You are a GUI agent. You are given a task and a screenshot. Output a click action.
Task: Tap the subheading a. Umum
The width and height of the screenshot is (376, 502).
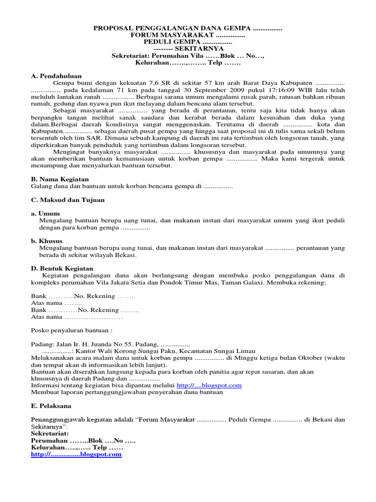tap(46, 214)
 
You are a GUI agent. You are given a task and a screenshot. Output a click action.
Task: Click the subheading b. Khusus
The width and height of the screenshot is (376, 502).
tap(47, 241)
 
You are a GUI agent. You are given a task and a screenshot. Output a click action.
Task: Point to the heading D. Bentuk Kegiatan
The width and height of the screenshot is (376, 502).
tap(62, 269)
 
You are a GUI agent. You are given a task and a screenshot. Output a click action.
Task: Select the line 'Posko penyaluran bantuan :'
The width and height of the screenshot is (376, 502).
tap(72, 330)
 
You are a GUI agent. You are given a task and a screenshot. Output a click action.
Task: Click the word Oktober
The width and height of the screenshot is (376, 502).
tap(308, 358)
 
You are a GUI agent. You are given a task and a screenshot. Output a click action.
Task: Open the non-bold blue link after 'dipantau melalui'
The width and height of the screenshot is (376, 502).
tap(209, 385)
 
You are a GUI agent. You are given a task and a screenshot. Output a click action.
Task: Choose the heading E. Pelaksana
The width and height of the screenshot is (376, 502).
tap(51, 406)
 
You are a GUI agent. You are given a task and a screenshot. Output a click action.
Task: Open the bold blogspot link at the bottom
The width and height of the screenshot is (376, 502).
tap(76, 454)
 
